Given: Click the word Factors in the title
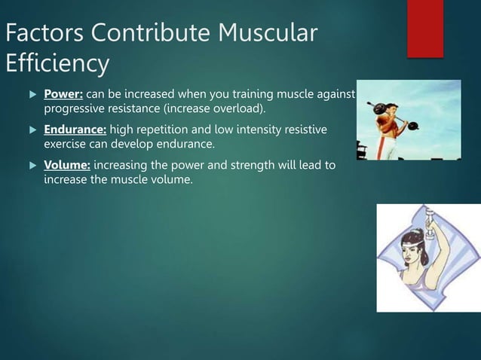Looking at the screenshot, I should click(46, 34).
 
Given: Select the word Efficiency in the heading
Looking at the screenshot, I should click(57, 65).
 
